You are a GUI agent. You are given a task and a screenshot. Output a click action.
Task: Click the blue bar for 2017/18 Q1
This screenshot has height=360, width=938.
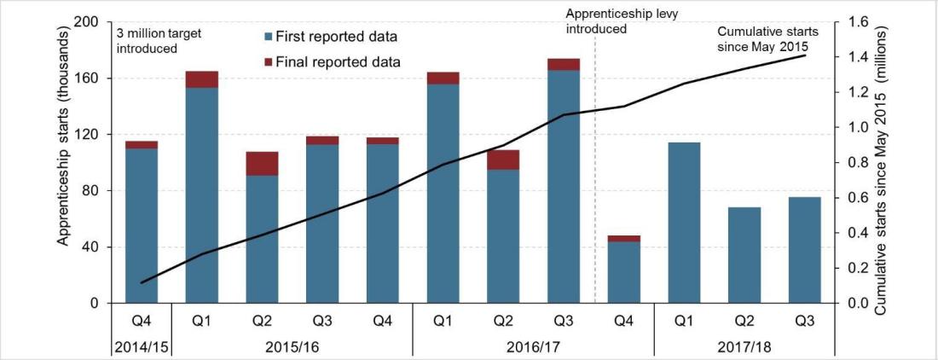click(683, 222)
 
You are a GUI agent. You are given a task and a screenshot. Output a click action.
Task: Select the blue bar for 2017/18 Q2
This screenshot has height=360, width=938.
click(744, 255)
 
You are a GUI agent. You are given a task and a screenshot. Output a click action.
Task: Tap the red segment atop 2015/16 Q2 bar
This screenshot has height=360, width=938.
click(262, 164)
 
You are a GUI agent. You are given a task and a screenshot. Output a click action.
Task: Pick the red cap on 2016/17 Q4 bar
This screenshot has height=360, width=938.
click(622, 239)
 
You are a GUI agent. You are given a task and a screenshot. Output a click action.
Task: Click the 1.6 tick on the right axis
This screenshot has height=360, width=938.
click(857, 22)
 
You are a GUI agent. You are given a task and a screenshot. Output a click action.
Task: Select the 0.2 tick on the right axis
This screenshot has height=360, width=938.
click(857, 268)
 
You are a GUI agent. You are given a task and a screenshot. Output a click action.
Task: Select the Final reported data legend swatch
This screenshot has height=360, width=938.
click(270, 61)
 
